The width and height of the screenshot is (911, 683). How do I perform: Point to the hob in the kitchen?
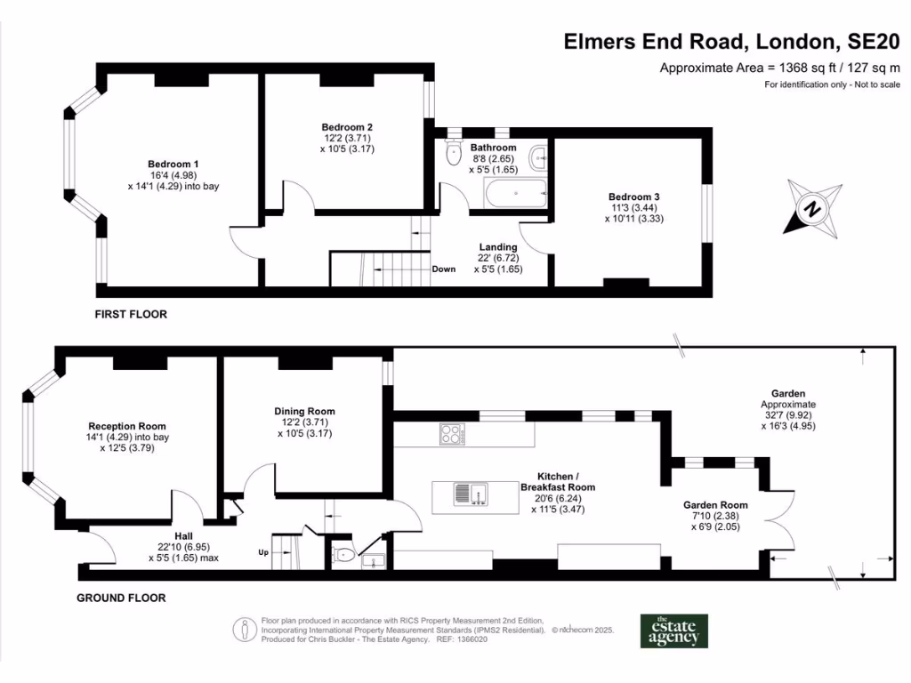(452, 435)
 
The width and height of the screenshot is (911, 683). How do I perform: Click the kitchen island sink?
(469, 493)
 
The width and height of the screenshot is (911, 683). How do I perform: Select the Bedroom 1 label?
(173, 165)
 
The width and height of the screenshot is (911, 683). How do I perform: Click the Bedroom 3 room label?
(633, 197)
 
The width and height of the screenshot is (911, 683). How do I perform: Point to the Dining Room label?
(304, 412)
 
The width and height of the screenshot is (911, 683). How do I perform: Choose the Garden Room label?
(715, 505)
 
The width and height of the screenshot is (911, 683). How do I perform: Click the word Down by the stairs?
(444, 269)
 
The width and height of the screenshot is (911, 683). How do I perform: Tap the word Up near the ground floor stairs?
(263, 552)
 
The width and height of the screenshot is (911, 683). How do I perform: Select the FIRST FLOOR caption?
(131, 314)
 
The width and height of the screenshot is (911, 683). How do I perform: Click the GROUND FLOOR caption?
(121, 599)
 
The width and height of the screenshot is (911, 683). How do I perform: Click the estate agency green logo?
(674, 631)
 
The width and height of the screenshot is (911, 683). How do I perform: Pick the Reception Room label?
(127, 426)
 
